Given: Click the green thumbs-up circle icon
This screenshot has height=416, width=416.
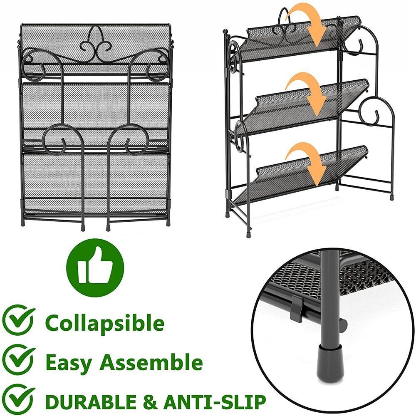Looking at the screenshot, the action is (95, 267).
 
